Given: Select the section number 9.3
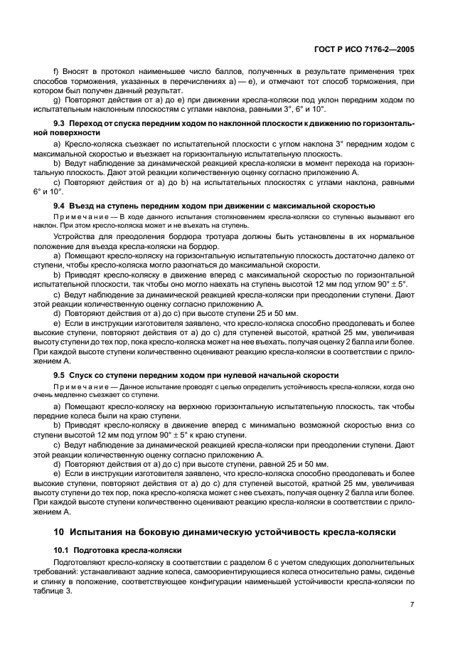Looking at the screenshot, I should click(x=60, y=124).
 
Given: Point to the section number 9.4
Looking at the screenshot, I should click(x=60, y=206).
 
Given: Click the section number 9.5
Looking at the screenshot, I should click(x=60, y=375).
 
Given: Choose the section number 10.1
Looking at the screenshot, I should click(x=62, y=551).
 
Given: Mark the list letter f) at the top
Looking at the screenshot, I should click(x=57, y=73).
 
